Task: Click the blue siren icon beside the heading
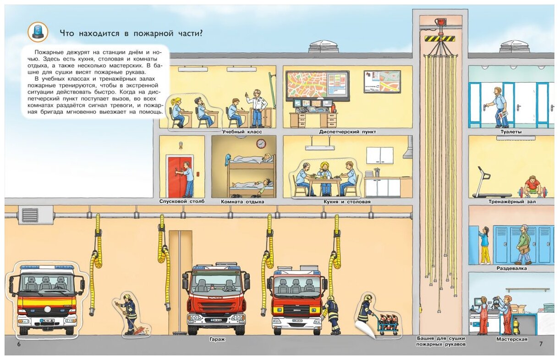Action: tap(38, 31)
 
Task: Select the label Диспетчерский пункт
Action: tap(348, 132)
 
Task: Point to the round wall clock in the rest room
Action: tap(261, 144)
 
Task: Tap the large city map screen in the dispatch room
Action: tap(318, 85)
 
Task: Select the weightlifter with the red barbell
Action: tap(532, 186)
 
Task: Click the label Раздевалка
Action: tap(513, 269)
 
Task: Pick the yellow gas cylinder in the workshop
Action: tap(516, 326)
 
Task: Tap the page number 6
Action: tap(19, 344)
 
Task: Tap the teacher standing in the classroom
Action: tap(257, 108)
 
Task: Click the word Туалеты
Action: tap(511, 132)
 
